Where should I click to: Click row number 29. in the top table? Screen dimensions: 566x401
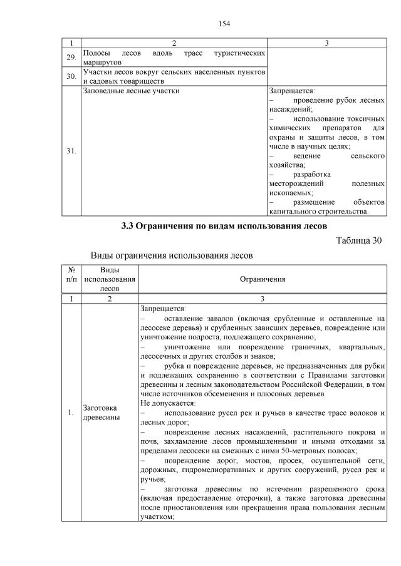coord(71,58)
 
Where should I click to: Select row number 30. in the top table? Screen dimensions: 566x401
coord(71,76)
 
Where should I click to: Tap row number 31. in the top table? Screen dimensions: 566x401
coord(71,151)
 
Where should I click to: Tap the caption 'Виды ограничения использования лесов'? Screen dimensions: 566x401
coord(172,255)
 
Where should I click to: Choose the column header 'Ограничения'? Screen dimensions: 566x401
coord(263,279)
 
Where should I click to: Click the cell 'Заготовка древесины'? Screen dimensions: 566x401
coord(103,413)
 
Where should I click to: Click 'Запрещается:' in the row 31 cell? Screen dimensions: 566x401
coord(292,91)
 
